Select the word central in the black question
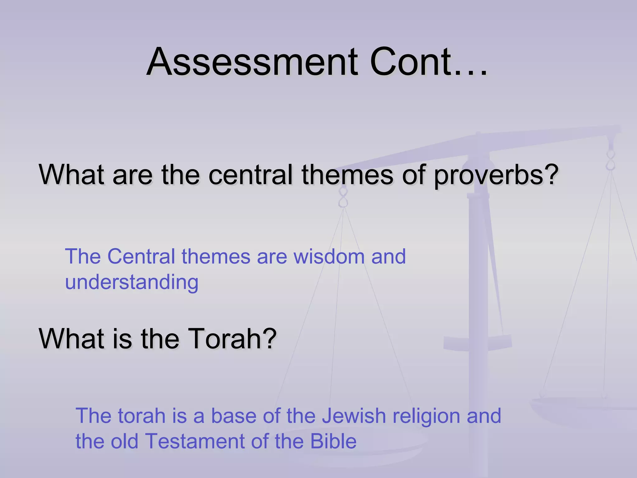pyautogui.click(x=251, y=175)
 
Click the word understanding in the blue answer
pyautogui.click(x=132, y=283)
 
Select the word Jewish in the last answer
pyautogui.click(x=354, y=416)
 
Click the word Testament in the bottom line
pyautogui.click(x=195, y=441)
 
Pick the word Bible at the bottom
pyautogui.click(x=333, y=441)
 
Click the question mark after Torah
pyautogui.click(x=269, y=339)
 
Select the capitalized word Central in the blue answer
pyautogui.click(x=141, y=257)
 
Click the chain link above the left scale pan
pyautogui.click(x=343, y=197)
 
